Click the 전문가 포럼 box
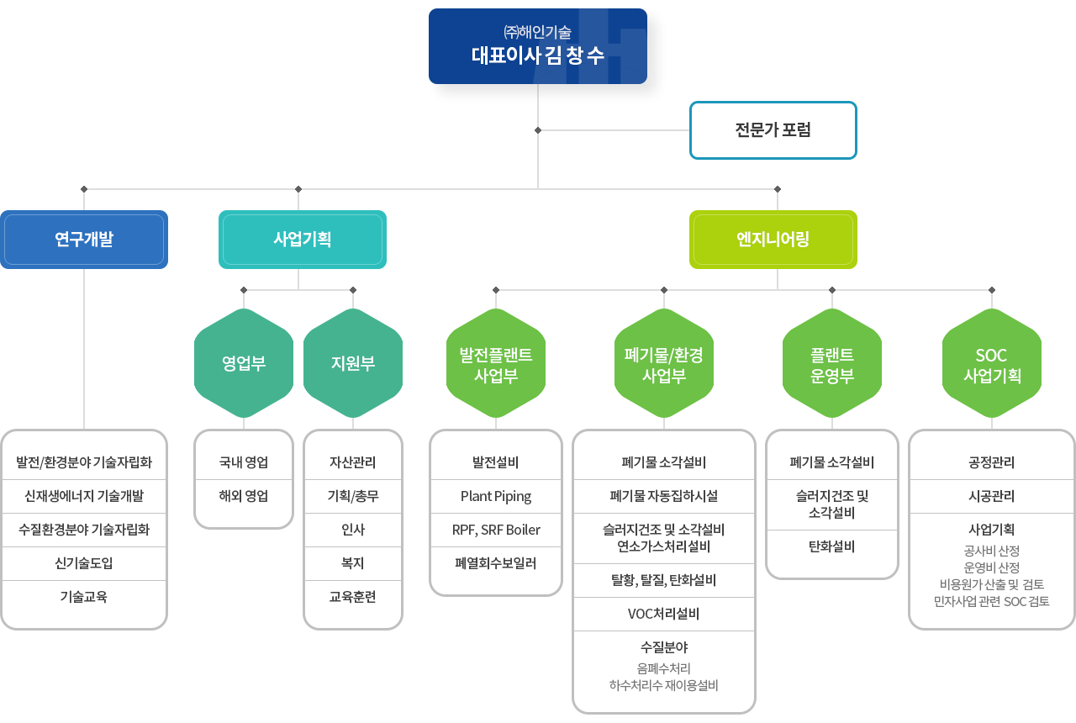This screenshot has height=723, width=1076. pyautogui.click(x=773, y=130)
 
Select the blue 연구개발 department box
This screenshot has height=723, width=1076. pyautogui.click(x=84, y=240)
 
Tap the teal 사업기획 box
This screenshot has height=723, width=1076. pyautogui.click(x=303, y=240)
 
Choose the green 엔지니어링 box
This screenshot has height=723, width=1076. pyautogui.click(x=773, y=240)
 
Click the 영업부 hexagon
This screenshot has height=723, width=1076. pyautogui.click(x=244, y=363)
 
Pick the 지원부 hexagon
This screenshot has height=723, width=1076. pyautogui.click(x=353, y=363)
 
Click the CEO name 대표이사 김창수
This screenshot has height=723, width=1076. pyautogui.click(x=538, y=56)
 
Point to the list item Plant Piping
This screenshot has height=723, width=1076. pyautogui.click(x=496, y=496)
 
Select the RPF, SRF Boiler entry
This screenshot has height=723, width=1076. pyautogui.click(x=496, y=530)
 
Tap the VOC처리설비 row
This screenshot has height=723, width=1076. pyautogui.click(x=664, y=614)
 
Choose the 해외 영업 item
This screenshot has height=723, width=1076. pyautogui.click(x=244, y=496)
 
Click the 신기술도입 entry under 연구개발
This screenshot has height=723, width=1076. pyautogui.click(x=84, y=563)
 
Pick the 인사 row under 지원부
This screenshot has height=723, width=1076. pyautogui.click(x=353, y=530)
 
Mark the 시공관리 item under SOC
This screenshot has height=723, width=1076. pyautogui.click(x=992, y=496)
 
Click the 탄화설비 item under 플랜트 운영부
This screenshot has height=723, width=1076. pyautogui.click(x=832, y=546)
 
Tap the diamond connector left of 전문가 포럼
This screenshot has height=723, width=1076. pyautogui.click(x=538, y=130)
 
